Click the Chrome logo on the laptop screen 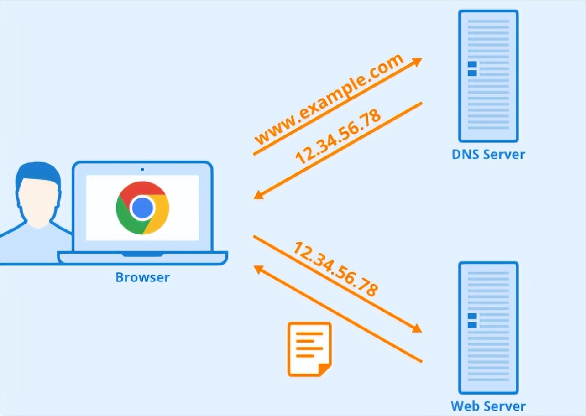click(142, 208)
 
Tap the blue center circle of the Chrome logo click(142, 208)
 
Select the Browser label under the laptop click(142, 277)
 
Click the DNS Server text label click(488, 154)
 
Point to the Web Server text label click(488, 406)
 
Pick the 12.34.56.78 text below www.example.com click(338, 136)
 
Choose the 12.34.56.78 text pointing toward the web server click(336, 269)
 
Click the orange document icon click(309, 349)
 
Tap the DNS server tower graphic click(488, 76)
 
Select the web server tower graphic click(488, 327)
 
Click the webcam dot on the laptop click(142, 169)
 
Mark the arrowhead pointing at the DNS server click(417, 61)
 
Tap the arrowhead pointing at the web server click(417, 329)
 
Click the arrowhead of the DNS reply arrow click(258, 195)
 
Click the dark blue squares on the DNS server click(472, 68)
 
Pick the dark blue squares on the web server click(472, 320)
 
